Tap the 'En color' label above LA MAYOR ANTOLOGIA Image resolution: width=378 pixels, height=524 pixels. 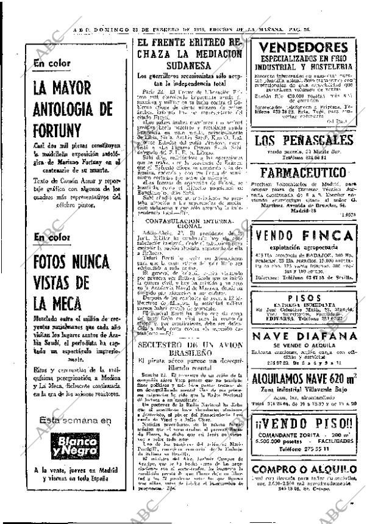pos(53,62)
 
